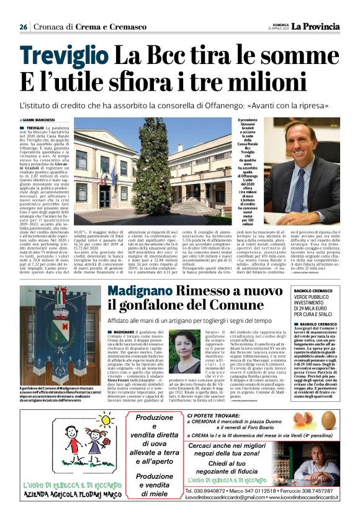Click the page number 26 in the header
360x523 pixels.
[24, 27]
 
